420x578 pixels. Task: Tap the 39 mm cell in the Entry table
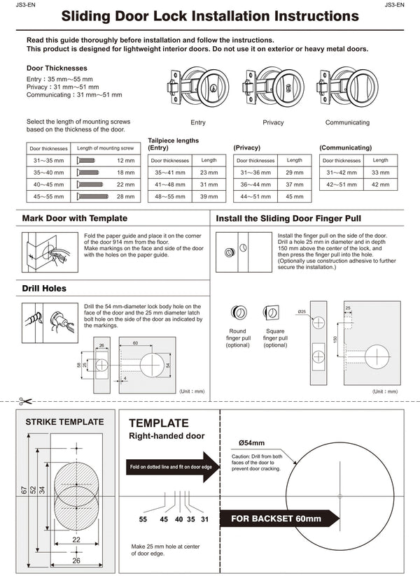tap(209, 197)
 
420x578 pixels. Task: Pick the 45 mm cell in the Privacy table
tap(295, 197)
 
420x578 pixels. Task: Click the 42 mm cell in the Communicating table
tap(380, 185)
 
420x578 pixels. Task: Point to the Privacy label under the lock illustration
tap(273, 122)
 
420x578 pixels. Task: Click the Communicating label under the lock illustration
tap(347, 122)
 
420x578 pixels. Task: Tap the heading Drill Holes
tap(44, 289)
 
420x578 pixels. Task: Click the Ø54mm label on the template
tap(251, 443)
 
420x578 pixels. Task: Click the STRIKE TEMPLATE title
tap(64, 422)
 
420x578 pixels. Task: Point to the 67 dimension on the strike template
tap(23, 495)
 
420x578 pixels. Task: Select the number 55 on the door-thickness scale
tap(143, 519)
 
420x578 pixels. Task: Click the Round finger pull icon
tap(238, 312)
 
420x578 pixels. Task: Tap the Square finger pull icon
tap(270, 312)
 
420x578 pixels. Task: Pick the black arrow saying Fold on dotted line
tap(171, 467)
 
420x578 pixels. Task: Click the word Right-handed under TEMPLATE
tap(149, 436)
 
